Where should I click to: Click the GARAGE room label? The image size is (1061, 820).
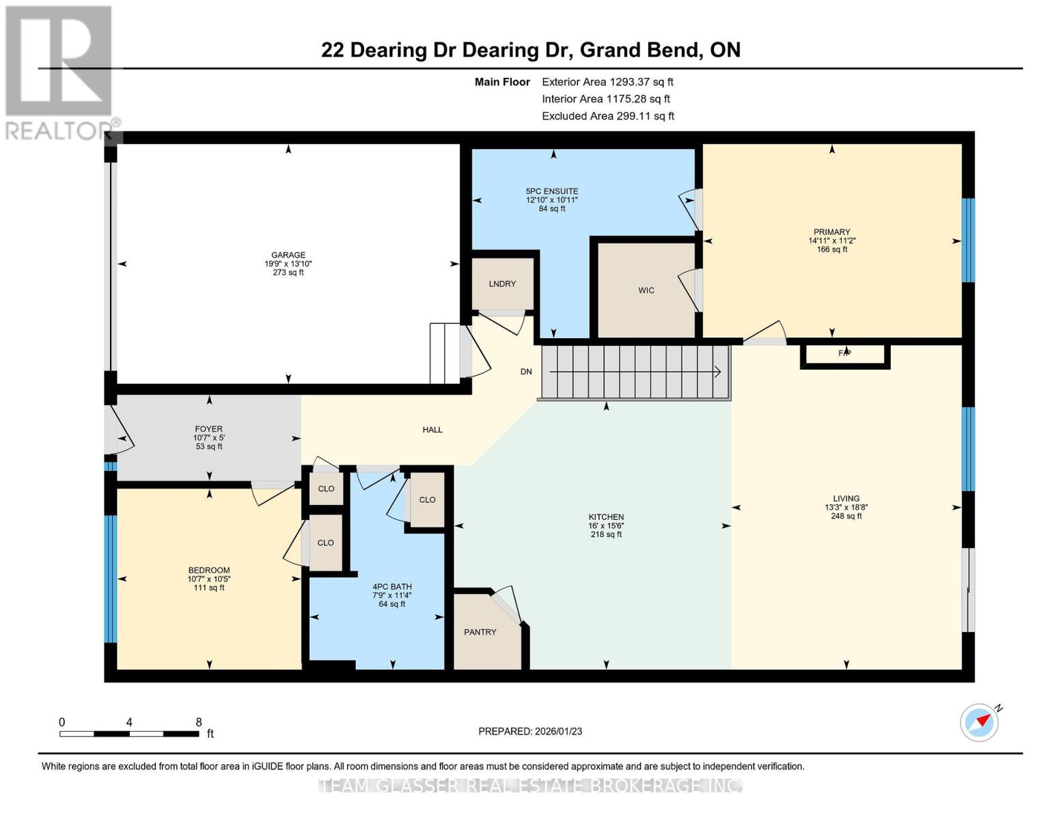(288, 255)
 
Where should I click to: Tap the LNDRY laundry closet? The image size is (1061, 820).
(502, 284)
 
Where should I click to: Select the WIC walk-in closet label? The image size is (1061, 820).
(646, 290)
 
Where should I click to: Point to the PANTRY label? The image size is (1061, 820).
(480, 632)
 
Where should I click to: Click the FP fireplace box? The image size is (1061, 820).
(844, 354)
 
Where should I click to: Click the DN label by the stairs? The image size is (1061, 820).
(525, 372)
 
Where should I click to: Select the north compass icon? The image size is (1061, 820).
(980, 722)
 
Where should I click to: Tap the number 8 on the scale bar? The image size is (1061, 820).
(198, 722)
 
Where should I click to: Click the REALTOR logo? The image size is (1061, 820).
(59, 72)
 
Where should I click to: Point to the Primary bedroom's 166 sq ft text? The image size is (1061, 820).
(831, 249)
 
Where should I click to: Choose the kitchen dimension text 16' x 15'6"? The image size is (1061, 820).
(606, 525)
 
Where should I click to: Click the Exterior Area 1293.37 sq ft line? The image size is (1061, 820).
(607, 82)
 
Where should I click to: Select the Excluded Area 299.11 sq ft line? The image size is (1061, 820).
(607, 116)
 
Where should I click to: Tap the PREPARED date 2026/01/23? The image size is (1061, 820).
(530, 731)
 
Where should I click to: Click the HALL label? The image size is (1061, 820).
(432, 430)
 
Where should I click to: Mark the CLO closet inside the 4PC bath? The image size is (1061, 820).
(427, 500)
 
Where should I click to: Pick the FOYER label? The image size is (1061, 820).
(208, 429)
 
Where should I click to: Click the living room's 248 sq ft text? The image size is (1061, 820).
(846, 516)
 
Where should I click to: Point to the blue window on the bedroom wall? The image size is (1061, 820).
(110, 579)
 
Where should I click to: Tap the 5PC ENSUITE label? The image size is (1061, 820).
(551, 191)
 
